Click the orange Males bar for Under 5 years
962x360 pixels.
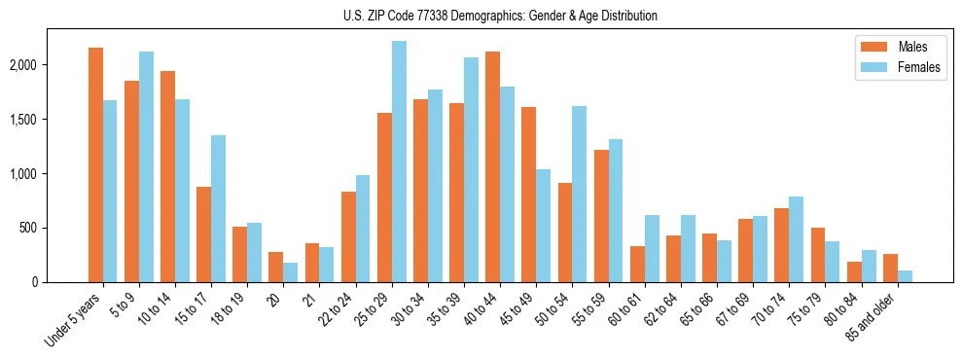click(95, 165)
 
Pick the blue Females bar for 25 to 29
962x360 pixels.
click(399, 162)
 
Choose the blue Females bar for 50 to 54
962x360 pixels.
click(579, 195)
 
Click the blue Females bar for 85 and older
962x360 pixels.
click(905, 276)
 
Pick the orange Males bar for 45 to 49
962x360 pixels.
click(528, 195)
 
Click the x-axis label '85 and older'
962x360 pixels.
click(871, 317)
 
